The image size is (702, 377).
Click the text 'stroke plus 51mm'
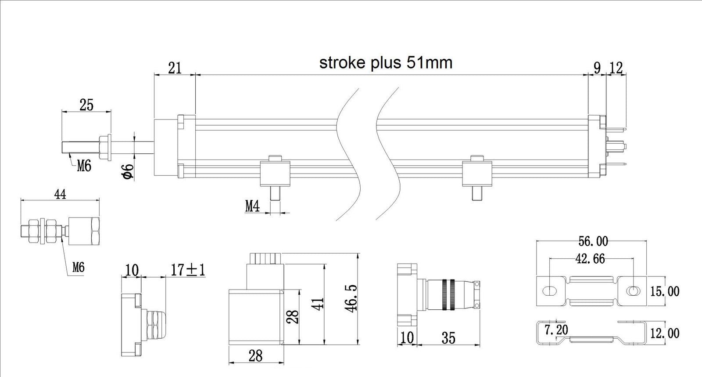(385, 63)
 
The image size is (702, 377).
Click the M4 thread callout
(252, 206)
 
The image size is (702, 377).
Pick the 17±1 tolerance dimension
(188, 270)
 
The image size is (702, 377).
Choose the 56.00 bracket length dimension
(593, 241)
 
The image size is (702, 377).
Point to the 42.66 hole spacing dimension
(590, 259)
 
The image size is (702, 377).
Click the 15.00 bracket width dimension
(665, 291)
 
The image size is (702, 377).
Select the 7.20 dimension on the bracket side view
(556, 330)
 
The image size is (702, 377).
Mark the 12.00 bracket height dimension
(665, 333)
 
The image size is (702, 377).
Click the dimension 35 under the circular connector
(448, 338)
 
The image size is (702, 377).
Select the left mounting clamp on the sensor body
(275, 172)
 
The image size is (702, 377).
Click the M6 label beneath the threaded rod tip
(84, 166)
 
